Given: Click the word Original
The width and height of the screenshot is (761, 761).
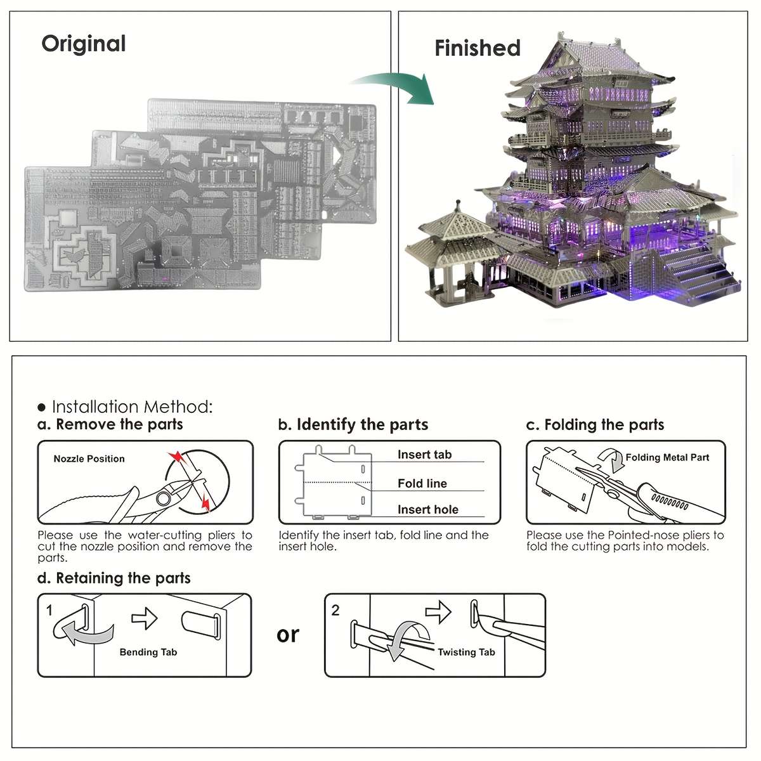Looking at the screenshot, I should (84, 44).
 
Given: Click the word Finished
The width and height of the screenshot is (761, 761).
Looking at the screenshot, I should (477, 48).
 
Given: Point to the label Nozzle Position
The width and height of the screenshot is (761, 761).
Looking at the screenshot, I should (89, 459).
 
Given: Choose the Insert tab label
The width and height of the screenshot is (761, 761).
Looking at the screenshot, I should (424, 454).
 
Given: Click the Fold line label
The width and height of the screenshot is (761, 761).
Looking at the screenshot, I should (422, 483).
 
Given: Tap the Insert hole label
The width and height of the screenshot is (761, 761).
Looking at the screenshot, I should (427, 509).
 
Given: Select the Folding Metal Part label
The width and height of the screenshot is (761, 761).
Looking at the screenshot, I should (667, 457).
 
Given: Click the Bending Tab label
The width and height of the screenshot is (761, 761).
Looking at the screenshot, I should (148, 652).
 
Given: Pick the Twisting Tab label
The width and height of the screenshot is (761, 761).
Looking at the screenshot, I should (466, 652).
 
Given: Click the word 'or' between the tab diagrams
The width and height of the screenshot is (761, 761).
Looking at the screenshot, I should (287, 634).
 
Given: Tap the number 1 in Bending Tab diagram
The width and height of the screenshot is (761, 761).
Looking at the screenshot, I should (49, 610).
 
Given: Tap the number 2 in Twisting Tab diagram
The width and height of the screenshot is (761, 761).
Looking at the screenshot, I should (335, 610).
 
